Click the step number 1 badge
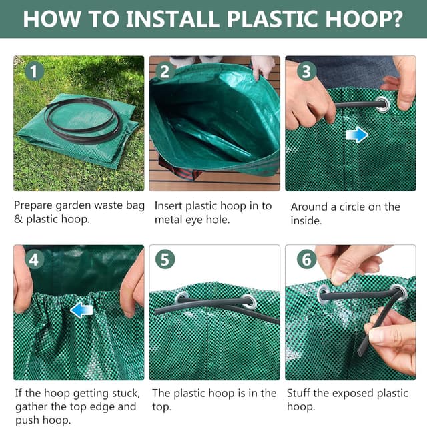coord(34,71)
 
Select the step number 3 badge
coord(306,71)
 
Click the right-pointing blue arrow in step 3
coord(357,135)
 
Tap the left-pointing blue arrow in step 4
coord(81,310)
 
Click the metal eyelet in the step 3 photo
coord(382,104)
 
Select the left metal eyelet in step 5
coord(181,298)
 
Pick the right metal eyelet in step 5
coord(249,300)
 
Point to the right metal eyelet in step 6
coord(398,292)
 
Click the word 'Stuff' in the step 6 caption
coord(302,394)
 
